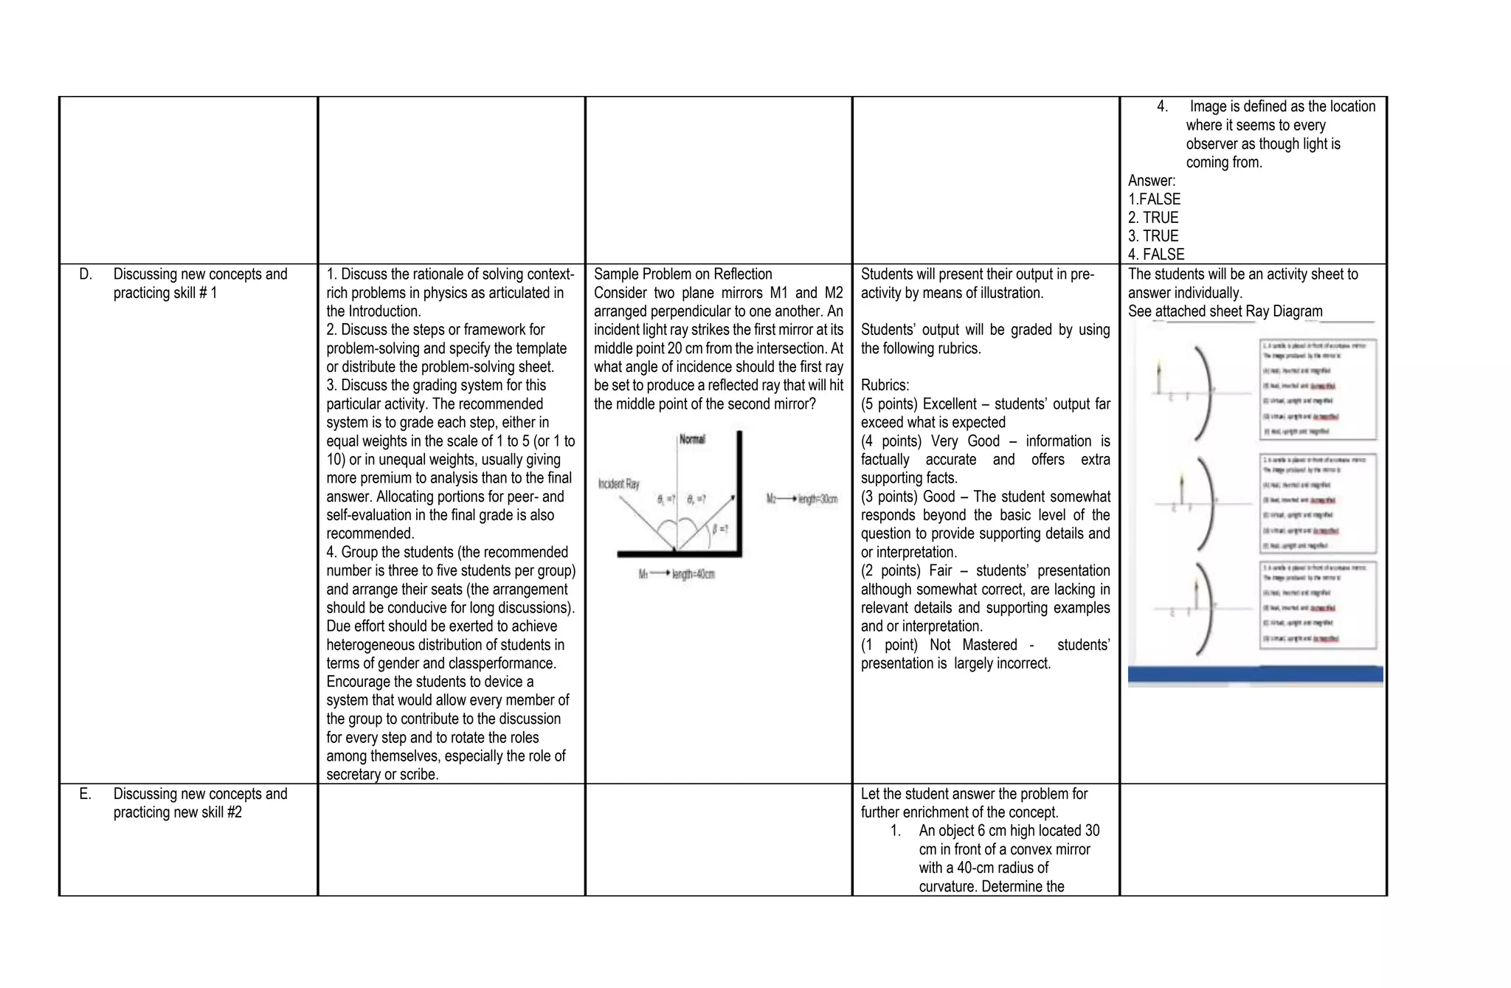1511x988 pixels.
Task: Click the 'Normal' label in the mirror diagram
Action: tap(691, 439)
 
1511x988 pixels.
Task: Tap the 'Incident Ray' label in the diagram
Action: tap(618, 484)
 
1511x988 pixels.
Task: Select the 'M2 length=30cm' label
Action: tap(802, 499)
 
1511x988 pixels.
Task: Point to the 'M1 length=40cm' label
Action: tap(677, 574)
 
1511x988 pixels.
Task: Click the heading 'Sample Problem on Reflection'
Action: tap(682, 274)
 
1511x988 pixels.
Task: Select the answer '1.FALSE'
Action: tap(1154, 199)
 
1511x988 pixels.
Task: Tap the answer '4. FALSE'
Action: tap(1155, 255)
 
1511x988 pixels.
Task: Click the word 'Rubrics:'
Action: tap(885, 385)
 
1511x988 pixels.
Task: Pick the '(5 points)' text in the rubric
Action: tap(889, 404)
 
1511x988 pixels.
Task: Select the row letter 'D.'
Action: tap(86, 274)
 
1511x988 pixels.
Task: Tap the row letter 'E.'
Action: tap(86, 794)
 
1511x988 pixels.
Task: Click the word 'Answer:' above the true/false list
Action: tap(1151, 181)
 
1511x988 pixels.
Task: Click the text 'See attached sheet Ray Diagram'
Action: tap(1225, 311)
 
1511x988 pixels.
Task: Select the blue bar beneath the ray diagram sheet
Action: tap(1255, 674)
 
